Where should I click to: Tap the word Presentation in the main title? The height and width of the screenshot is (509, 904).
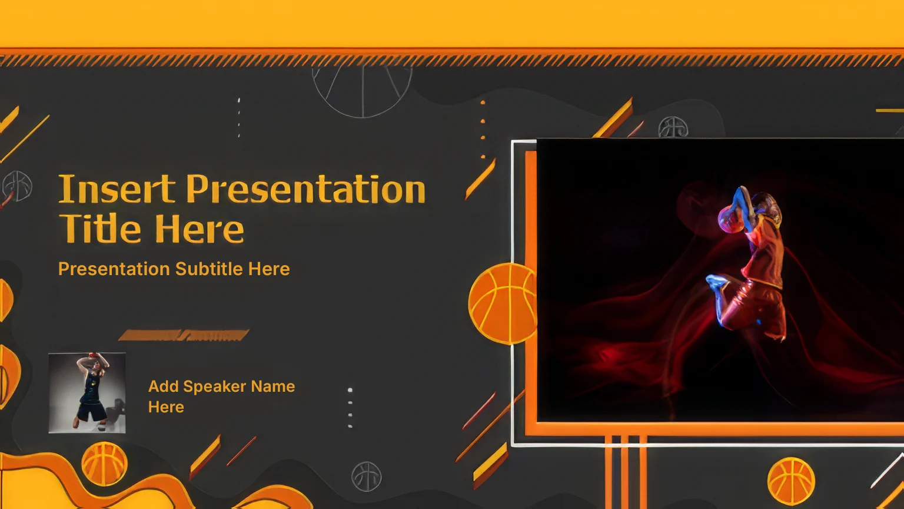click(306, 189)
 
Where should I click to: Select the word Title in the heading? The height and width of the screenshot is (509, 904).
click(100, 228)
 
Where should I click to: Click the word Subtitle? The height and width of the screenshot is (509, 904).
click(209, 269)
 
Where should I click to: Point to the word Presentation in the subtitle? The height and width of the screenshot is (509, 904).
click(114, 269)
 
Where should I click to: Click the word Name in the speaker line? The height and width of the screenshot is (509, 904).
click(273, 386)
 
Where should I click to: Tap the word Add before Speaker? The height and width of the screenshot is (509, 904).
click(163, 386)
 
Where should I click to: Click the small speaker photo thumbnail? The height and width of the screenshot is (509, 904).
click(87, 393)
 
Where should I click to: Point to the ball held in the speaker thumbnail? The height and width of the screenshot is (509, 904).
click(93, 355)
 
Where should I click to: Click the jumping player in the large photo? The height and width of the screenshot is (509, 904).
click(747, 263)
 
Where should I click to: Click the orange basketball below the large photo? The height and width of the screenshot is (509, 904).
click(791, 481)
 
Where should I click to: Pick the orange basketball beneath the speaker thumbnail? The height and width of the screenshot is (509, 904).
click(104, 464)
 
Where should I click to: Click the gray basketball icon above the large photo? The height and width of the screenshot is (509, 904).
click(673, 128)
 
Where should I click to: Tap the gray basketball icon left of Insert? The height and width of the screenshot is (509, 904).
click(17, 186)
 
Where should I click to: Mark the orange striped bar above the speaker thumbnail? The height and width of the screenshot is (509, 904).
click(184, 335)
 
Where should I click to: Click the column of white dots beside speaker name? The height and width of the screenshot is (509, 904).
click(350, 408)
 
